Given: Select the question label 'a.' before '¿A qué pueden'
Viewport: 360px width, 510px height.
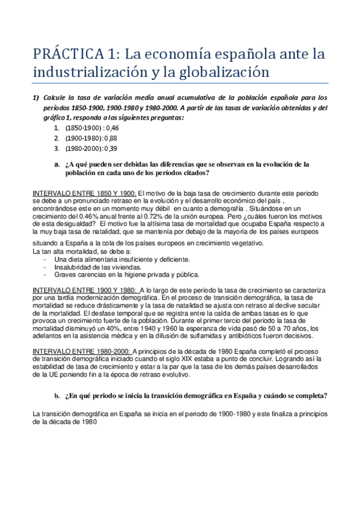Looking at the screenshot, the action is (x=57, y=164).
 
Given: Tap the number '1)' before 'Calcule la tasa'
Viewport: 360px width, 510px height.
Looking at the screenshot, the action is (x=36, y=98).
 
